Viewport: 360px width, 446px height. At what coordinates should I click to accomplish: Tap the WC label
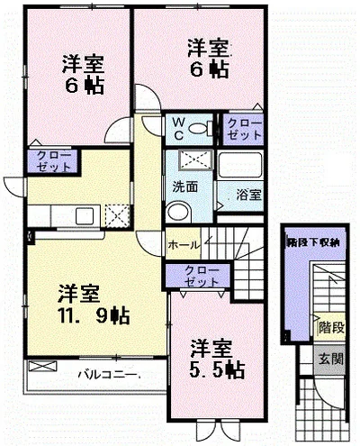coord(178,129)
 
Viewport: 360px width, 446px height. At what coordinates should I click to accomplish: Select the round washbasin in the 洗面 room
coord(178,212)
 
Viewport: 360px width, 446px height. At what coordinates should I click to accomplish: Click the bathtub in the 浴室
coord(240,166)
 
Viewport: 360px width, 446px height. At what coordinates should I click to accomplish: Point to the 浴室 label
coord(248,196)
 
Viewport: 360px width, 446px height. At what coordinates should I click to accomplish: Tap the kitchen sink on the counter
coord(85,215)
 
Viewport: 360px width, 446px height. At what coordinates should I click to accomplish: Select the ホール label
coord(184,245)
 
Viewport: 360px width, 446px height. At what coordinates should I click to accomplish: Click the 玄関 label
coord(331,359)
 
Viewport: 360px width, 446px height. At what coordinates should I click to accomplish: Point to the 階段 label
coord(331,327)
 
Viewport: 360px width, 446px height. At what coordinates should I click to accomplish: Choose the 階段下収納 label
coord(313,242)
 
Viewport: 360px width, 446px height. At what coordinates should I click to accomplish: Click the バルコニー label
coord(107,375)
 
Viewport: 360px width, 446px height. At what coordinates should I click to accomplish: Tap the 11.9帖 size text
coord(94,316)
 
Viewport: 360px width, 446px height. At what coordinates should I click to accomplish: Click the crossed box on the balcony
coord(42,366)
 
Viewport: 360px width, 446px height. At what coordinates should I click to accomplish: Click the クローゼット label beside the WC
coord(245,129)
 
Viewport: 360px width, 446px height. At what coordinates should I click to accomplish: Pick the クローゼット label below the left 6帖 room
coord(54,161)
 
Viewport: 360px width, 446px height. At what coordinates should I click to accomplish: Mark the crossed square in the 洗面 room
coord(195,159)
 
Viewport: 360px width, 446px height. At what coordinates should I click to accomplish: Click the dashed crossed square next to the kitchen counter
coord(117,215)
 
